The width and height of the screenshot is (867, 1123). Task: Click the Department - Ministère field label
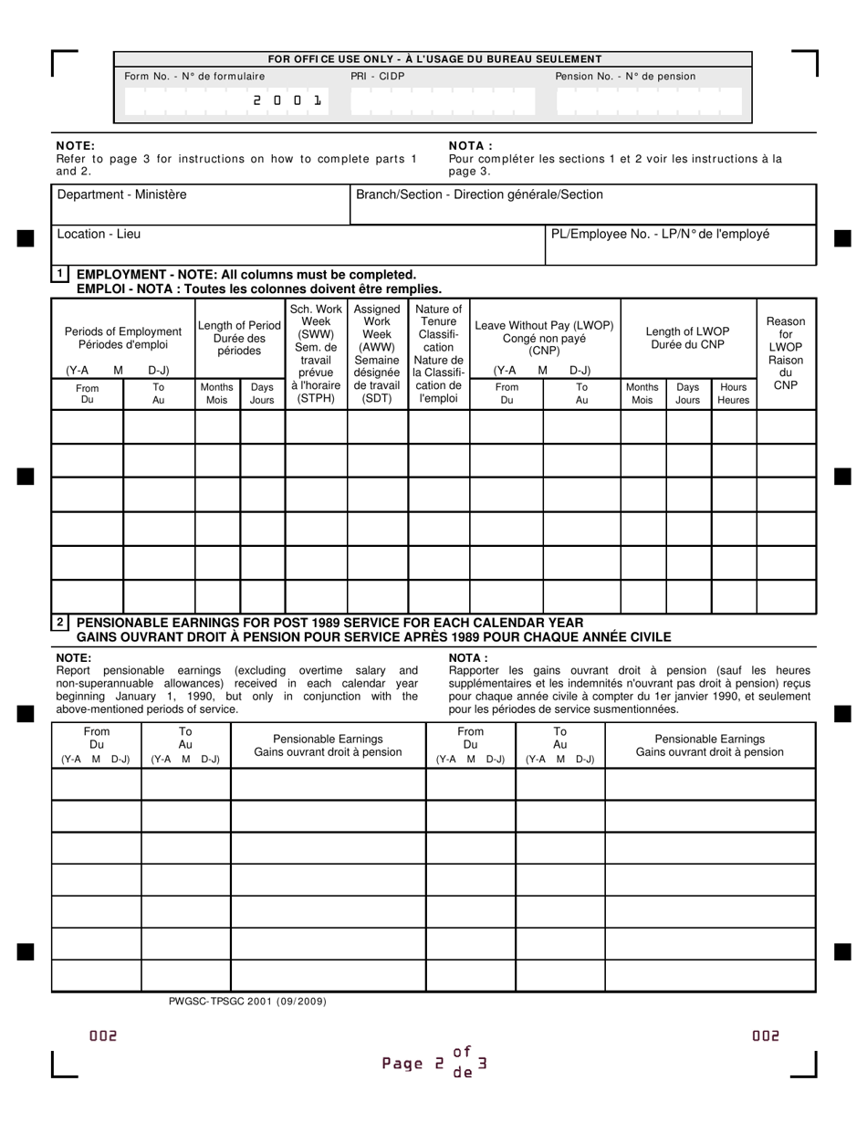121,194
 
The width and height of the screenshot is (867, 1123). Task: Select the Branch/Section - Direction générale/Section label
479,194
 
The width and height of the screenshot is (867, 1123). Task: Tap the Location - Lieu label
99,234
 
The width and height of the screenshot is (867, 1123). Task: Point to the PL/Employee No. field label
660,234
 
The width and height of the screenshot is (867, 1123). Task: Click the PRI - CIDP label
377,77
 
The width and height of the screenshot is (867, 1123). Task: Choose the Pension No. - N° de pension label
625,77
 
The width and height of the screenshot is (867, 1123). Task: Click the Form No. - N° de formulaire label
194,77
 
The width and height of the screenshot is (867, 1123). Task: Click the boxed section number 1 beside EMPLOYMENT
60,274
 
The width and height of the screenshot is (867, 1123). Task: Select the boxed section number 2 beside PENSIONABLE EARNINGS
60,623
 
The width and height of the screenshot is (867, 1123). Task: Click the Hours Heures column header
733,394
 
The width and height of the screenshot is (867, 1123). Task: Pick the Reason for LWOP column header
785,353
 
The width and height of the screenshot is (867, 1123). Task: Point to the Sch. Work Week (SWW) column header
316,353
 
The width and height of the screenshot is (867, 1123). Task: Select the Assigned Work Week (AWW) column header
377,353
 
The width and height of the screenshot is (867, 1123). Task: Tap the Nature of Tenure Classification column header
438,353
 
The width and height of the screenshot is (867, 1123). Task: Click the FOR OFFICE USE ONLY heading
434,59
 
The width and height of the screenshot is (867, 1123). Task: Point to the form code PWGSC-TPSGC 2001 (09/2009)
247,1002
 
